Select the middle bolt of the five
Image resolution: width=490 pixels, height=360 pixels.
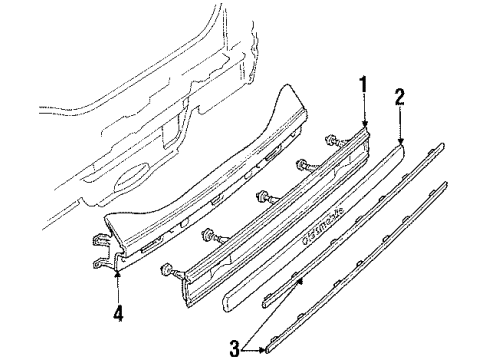[263, 197]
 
